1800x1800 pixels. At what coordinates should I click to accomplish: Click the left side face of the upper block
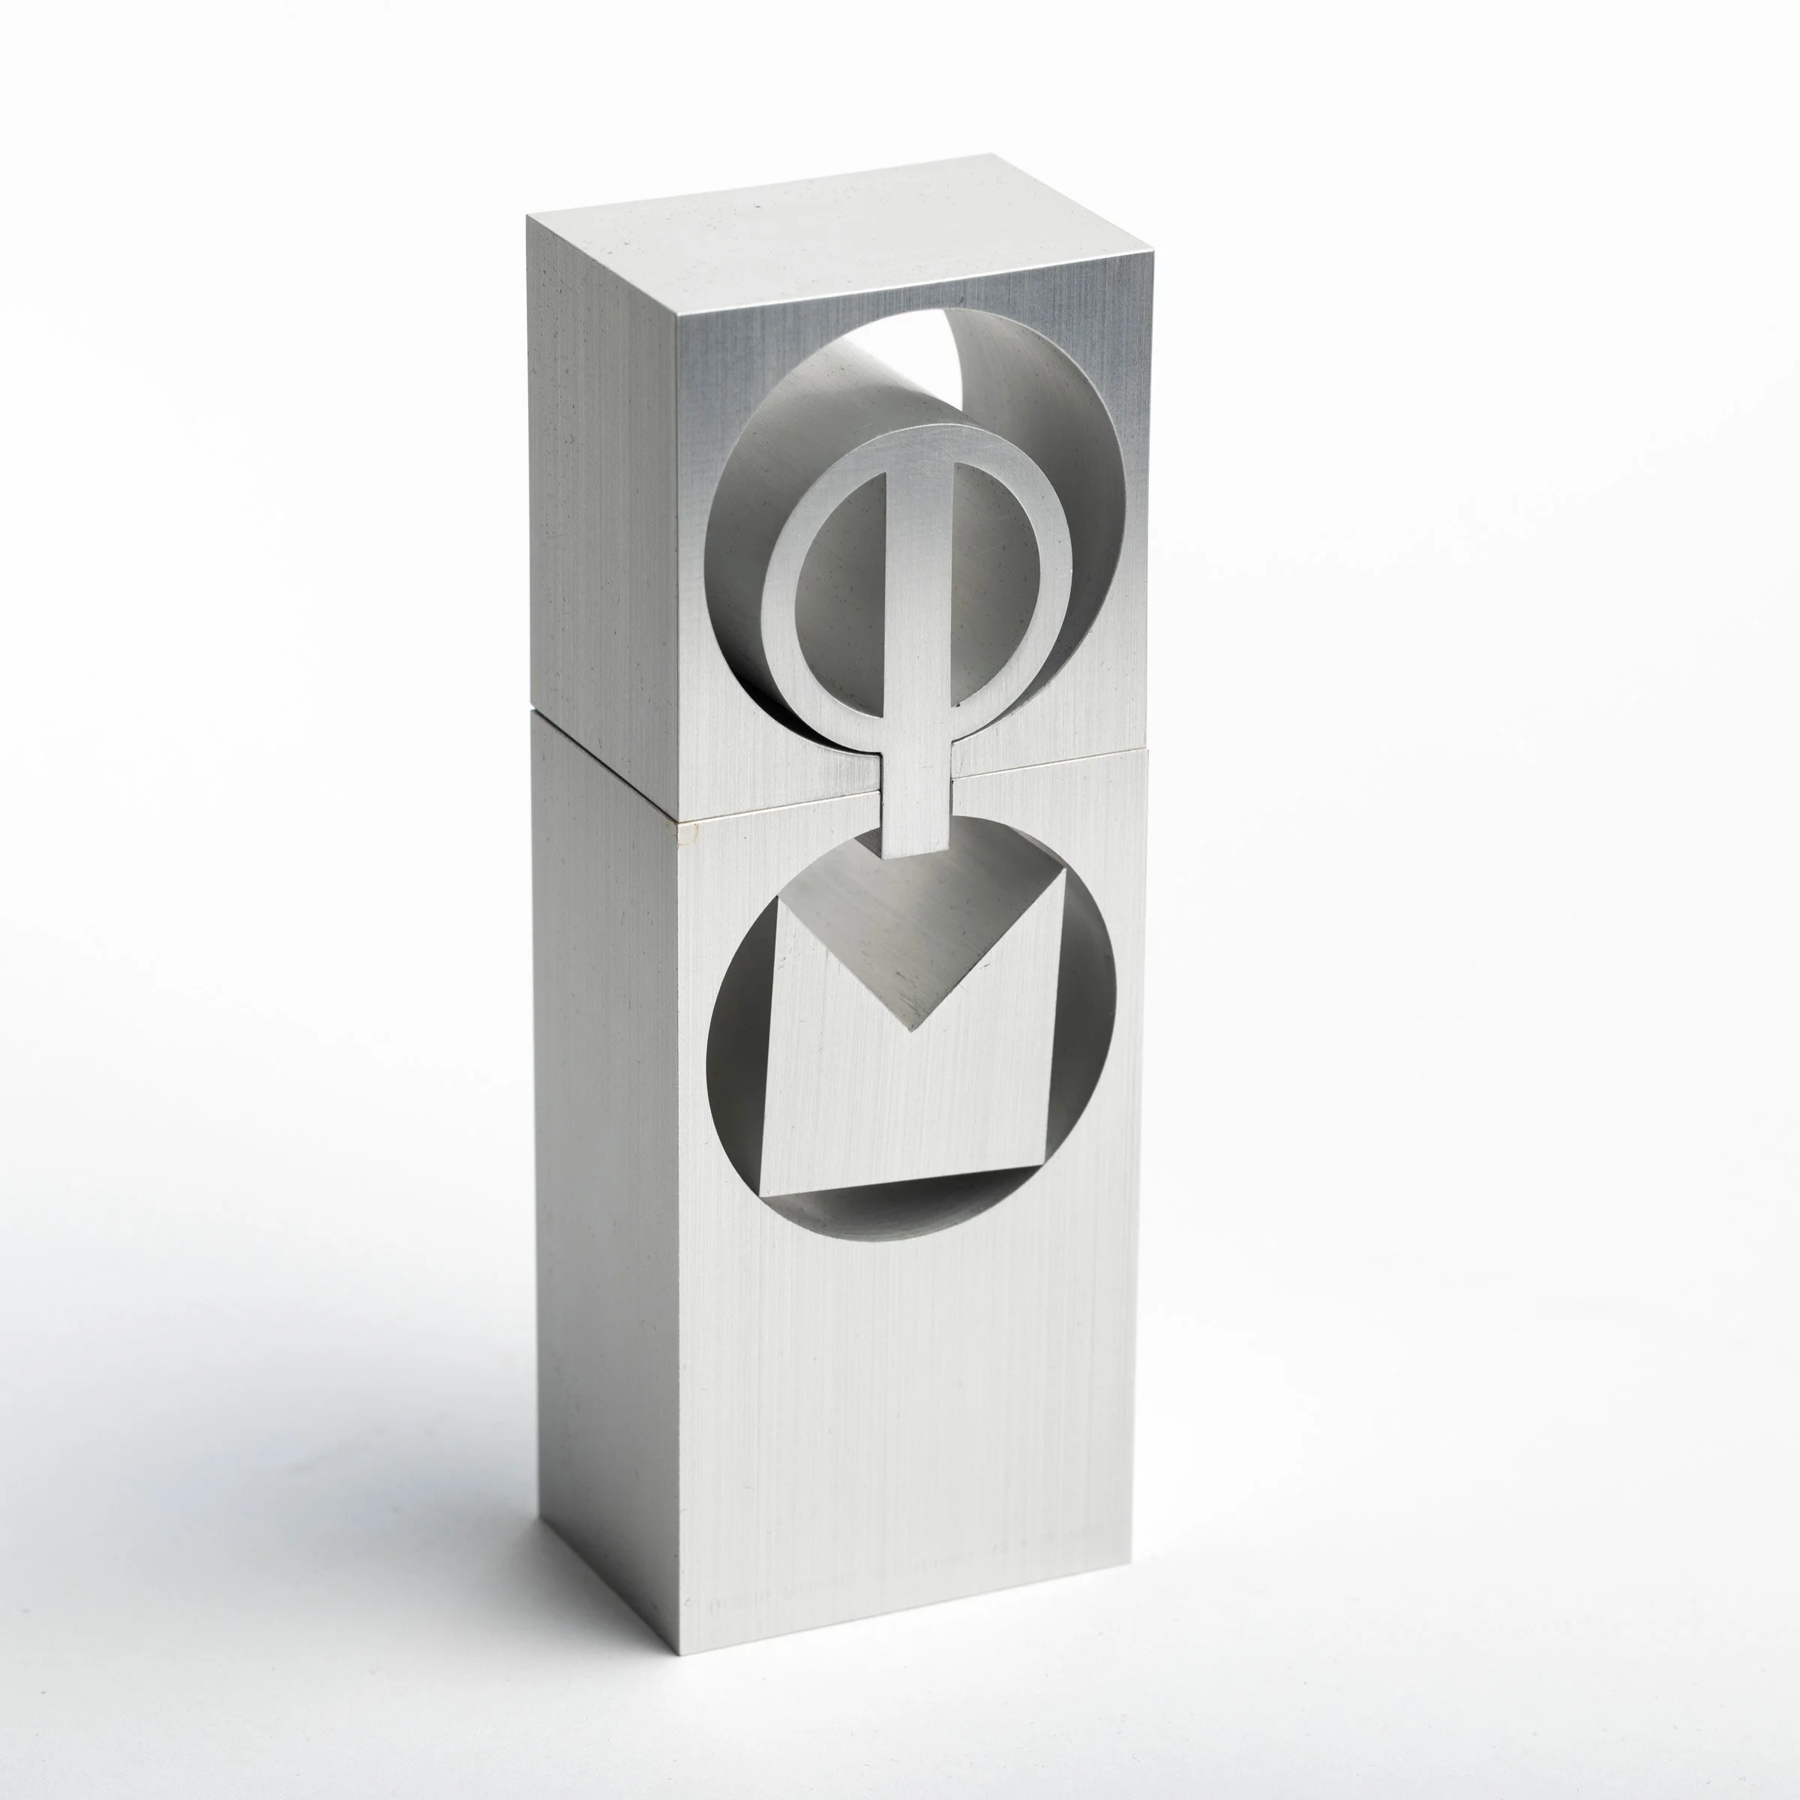click(605, 484)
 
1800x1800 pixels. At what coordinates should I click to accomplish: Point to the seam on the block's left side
click(605, 768)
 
